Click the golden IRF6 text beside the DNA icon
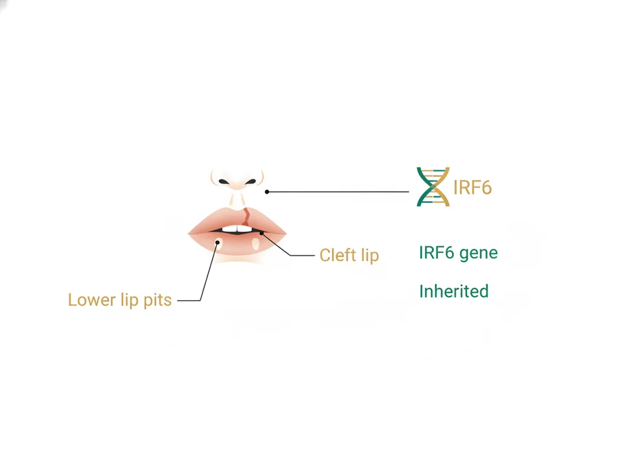(x=472, y=187)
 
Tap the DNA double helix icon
(x=433, y=187)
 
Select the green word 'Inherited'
(x=454, y=292)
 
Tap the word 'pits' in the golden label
(x=158, y=301)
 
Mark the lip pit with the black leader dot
(x=218, y=244)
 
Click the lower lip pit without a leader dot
(x=256, y=244)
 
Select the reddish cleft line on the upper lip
(x=246, y=216)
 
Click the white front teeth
(x=237, y=229)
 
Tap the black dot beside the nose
(x=267, y=191)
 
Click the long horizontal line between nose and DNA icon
(x=338, y=191)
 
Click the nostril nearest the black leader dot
(x=250, y=182)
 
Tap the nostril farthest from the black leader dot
(x=224, y=182)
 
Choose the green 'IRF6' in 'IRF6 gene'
(x=436, y=253)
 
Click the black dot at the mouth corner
(x=261, y=233)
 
